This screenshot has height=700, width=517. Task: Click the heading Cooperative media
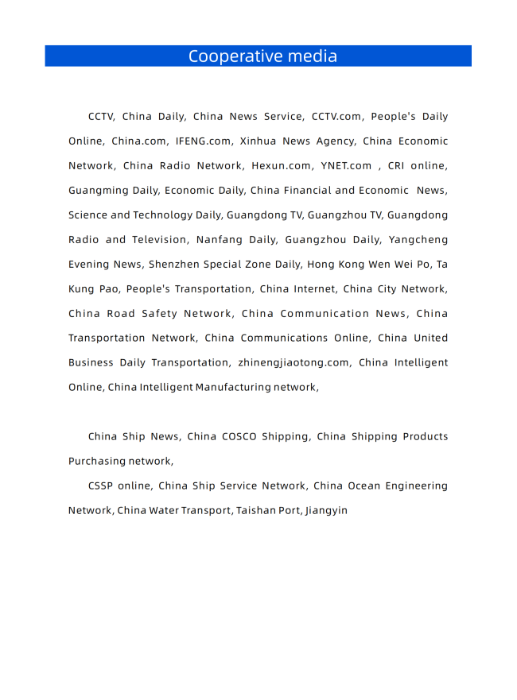pos(262,56)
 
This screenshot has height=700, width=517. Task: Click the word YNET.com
pos(346,166)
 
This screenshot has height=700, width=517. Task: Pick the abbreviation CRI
pos(397,166)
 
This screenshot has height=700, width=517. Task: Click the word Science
pos(87,215)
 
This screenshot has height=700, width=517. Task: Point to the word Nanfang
pos(218,240)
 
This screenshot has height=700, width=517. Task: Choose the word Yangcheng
pos(418,240)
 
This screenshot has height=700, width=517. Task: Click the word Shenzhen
pos(174,265)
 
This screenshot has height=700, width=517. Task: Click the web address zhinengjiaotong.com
pos(293,363)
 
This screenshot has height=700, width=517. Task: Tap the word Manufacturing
pos(232,388)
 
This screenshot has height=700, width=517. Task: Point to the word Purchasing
pos(98,462)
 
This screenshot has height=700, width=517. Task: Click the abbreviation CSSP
pos(100,486)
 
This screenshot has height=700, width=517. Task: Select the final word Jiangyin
pos(326,511)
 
